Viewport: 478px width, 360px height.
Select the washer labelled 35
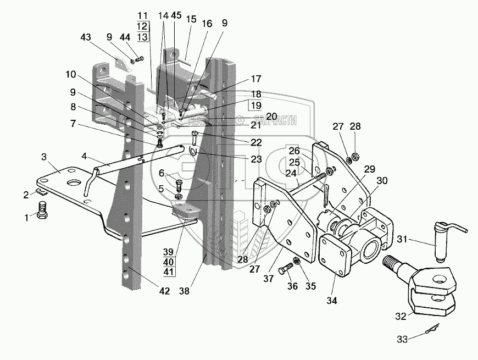click(x=297, y=260)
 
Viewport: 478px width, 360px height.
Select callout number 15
click(x=191, y=19)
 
